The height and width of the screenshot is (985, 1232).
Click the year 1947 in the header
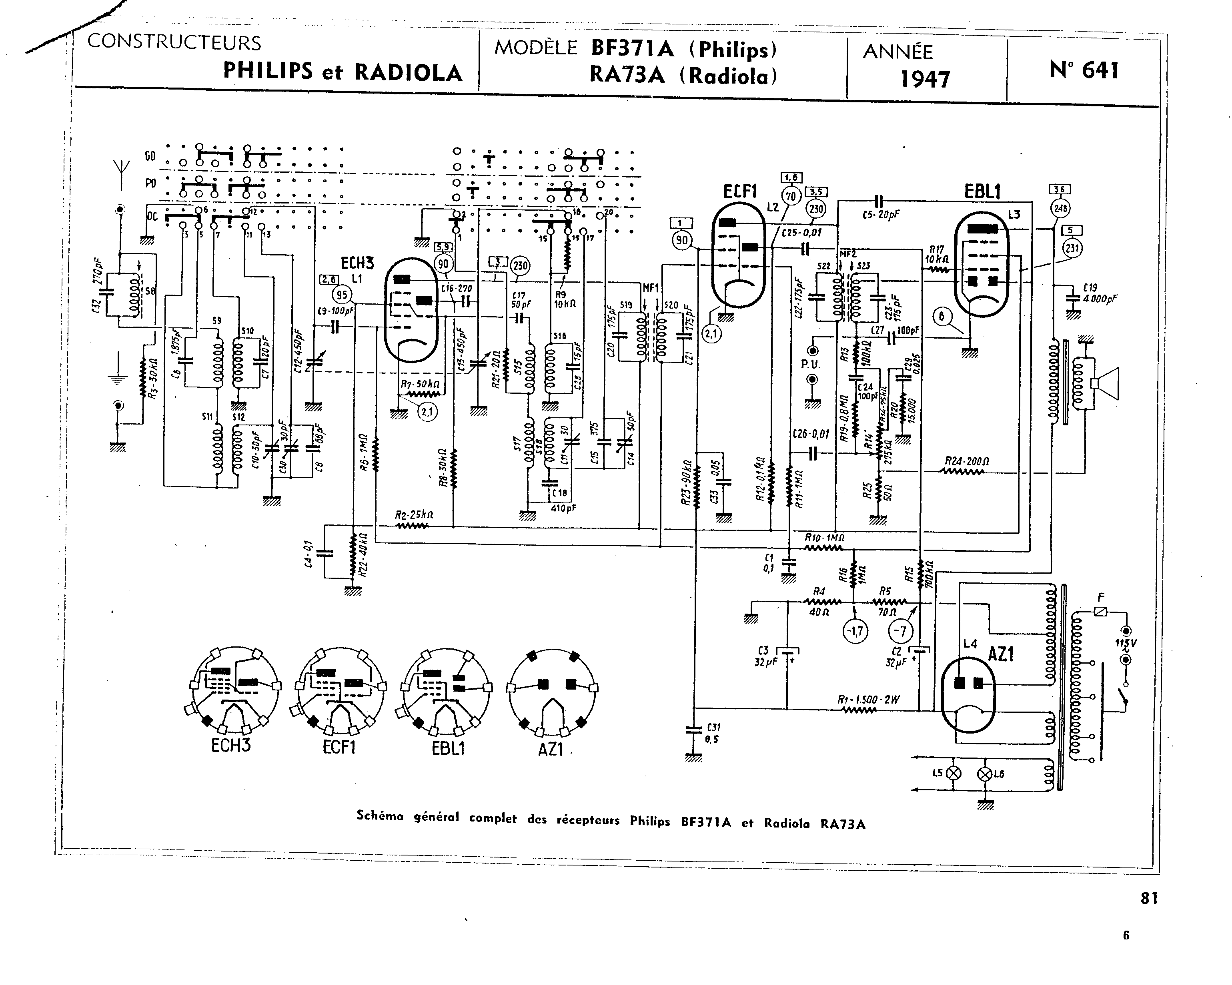pyautogui.click(x=925, y=78)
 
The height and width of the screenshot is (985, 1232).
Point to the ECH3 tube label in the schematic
pyautogui.click(x=357, y=263)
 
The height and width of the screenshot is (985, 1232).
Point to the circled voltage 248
pyautogui.click(x=1061, y=208)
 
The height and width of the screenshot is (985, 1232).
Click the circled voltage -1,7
pyautogui.click(x=855, y=631)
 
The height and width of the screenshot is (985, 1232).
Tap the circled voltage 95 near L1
pyautogui.click(x=342, y=295)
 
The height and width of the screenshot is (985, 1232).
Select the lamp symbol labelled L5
pyautogui.click(x=954, y=773)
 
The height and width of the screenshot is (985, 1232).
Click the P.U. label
pyautogui.click(x=810, y=364)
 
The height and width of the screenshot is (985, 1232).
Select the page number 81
pyautogui.click(x=1150, y=898)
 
